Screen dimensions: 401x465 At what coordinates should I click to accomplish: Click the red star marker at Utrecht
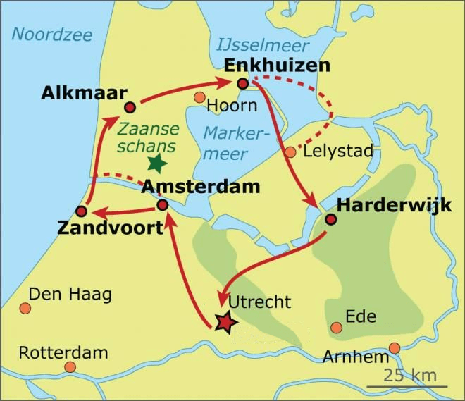point(225,322)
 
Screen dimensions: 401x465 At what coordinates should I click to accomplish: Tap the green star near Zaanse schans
point(156,164)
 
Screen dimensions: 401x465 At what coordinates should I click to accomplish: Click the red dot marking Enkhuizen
point(243,84)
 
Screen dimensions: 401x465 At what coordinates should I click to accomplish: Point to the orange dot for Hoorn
point(199,97)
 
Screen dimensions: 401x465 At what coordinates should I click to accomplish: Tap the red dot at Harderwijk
point(330,219)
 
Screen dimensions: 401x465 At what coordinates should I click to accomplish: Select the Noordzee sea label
point(46,34)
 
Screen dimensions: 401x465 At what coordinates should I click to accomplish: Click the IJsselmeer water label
point(263,46)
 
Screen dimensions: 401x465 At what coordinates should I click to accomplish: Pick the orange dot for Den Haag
point(25,308)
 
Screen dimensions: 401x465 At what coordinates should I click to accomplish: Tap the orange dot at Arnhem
point(394,347)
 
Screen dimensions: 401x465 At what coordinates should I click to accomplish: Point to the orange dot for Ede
point(337,327)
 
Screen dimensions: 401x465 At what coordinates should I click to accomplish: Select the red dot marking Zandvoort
point(81,211)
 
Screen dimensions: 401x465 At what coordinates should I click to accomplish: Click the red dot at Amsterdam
point(162,205)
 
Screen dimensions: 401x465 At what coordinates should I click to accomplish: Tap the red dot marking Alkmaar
point(130,107)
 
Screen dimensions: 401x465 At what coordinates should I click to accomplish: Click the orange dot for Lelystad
point(290,152)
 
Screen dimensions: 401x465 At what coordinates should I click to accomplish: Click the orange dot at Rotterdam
point(70,366)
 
